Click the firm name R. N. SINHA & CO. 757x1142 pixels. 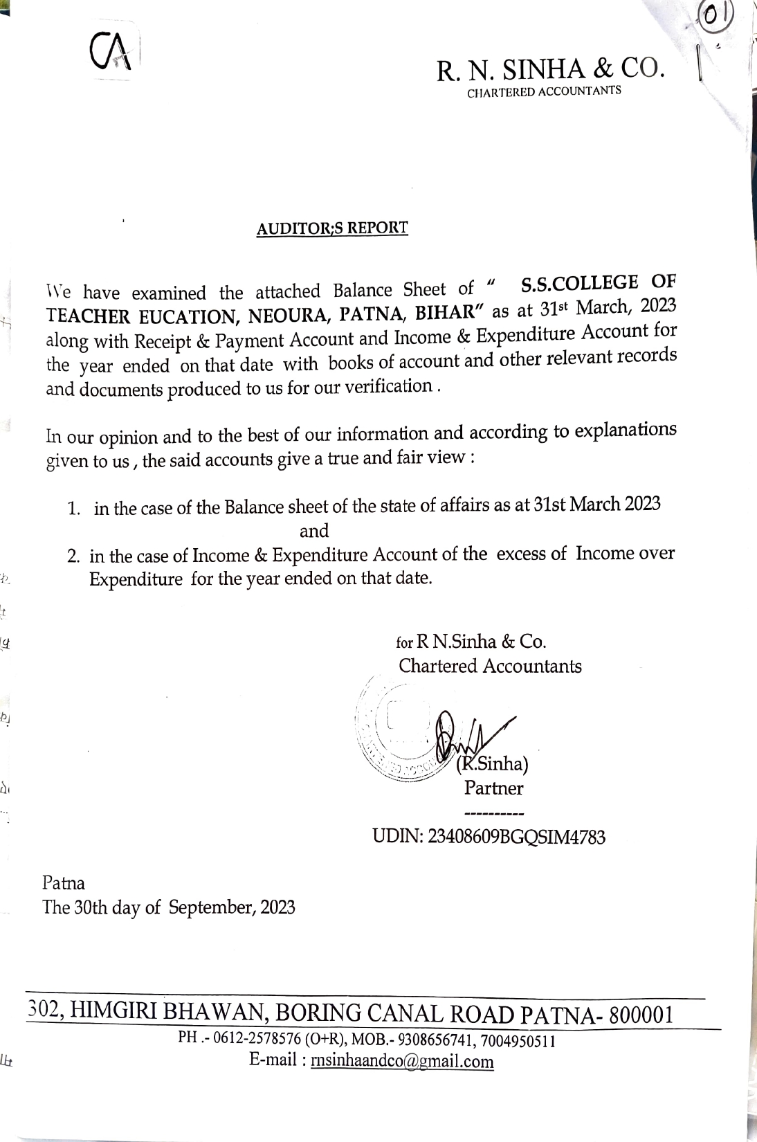coord(550,69)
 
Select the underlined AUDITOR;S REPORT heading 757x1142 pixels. coord(332,228)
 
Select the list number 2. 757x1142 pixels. coord(73,557)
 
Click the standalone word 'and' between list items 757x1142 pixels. coord(313,531)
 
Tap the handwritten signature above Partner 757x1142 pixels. coord(471,737)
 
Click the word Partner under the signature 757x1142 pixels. coord(493,788)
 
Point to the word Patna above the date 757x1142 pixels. coord(64,883)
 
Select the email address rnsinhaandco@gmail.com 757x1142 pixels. coord(402,1061)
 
